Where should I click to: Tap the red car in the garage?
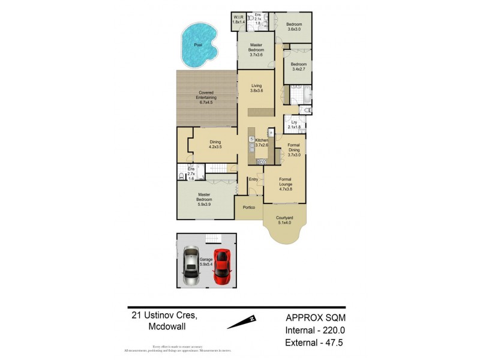(222, 267)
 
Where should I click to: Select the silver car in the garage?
(191, 267)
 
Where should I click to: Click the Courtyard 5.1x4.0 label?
(284, 220)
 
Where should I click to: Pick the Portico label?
(249, 207)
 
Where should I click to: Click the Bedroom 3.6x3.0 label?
(293, 26)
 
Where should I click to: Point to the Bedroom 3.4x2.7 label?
(298, 67)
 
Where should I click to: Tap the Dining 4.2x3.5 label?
(215, 144)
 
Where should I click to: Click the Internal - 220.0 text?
(315, 329)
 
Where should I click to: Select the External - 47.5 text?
(316, 343)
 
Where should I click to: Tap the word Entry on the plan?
(253, 179)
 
